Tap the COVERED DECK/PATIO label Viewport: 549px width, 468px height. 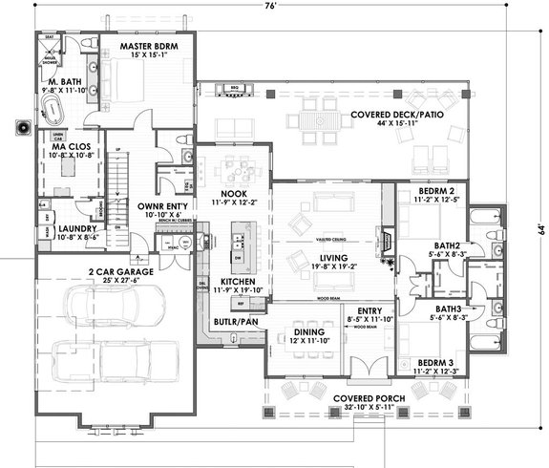pyautogui.click(x=394, y=115)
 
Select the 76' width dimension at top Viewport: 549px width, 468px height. pyautogui.click(x=271, y=6)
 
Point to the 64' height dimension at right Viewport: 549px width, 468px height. pyautogui.click(x=540, y=228)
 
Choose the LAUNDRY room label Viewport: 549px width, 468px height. pyautogui.click(x=63, y=230)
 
